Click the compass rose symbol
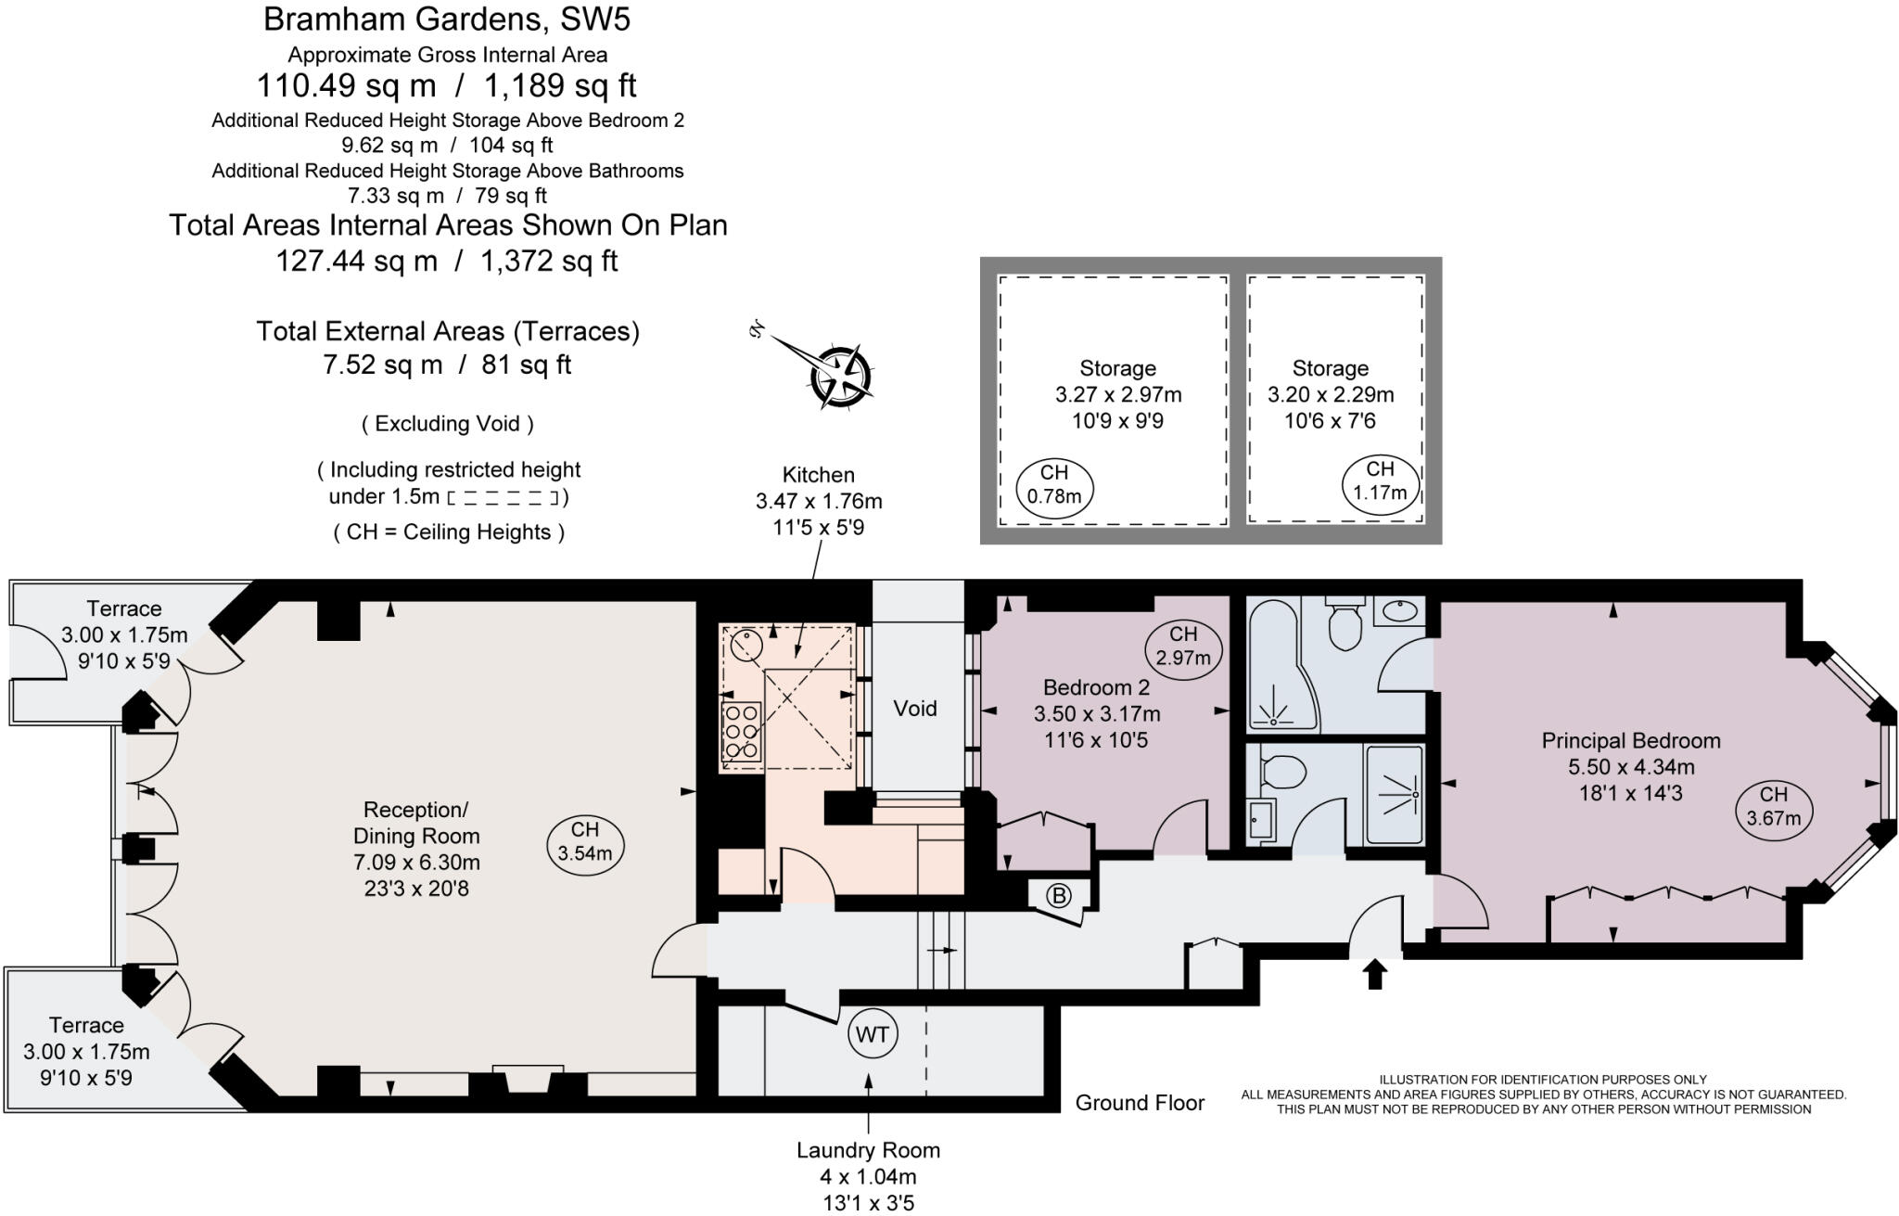point(839,376)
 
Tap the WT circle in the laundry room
point(873,1034)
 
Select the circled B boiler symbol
point(1058,895)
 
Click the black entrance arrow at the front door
point(1374,974)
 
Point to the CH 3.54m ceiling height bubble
point(585,841)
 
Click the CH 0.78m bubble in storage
point(1054,485)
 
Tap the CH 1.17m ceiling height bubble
point(1380,481)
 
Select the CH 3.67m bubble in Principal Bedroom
point(1773,806)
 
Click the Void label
point(915,709)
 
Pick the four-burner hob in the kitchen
point(742,731)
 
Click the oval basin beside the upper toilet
point(1398,611)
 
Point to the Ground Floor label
point(1140,1103)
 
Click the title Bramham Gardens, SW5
point(448,19)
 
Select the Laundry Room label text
point(868,1150)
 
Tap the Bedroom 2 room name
point(1096,687)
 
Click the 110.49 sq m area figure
point(346,86)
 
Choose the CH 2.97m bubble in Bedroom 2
point(1183,646)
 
